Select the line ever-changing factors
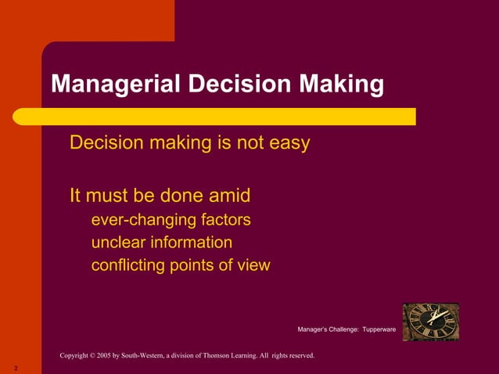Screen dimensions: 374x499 click(x=171, y=219)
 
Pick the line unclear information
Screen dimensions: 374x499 click(x=161, y=242)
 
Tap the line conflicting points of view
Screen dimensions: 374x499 click(x=180, y=265)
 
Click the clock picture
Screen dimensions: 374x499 click(x=430, y=322)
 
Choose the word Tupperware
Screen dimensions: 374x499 click(x=379, y=330)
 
